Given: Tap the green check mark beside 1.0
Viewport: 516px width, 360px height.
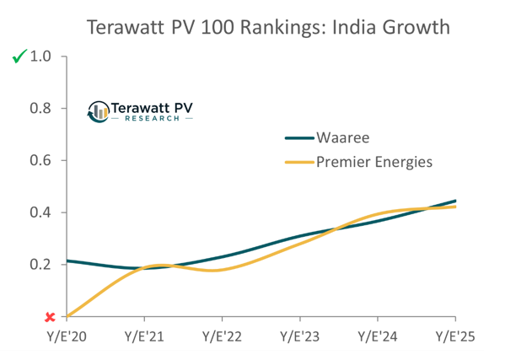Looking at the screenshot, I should coord(19,57).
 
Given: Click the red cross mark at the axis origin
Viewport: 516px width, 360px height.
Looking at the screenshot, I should coord(50,317).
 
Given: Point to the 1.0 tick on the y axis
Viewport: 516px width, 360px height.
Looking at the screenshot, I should coord(41,57).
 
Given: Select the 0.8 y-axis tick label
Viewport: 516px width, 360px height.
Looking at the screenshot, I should coord(41,109).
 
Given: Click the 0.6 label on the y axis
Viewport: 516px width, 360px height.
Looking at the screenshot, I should coord(41,161).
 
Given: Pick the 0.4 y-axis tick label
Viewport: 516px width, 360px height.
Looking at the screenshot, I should coord(41,212).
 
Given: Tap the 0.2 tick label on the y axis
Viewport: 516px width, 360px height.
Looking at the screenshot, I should coord(41,265).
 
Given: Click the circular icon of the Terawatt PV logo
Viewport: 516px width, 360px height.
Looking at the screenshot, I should coord(99,110).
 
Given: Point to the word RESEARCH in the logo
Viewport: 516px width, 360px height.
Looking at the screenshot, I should coord(153,119).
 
